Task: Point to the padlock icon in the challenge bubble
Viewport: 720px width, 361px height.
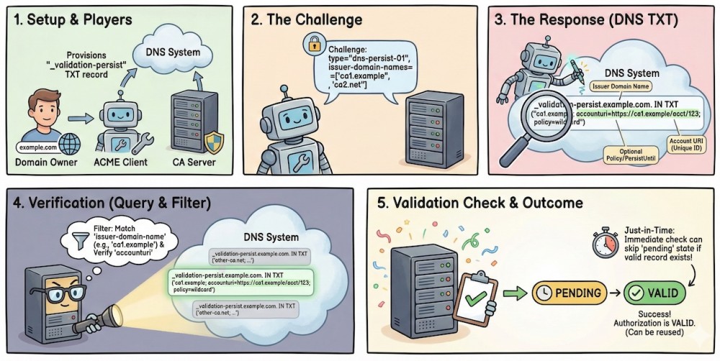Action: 314,45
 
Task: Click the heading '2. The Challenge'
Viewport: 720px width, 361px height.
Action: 307,19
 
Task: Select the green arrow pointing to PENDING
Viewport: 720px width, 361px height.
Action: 513,294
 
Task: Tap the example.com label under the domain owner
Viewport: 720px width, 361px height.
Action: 38,146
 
